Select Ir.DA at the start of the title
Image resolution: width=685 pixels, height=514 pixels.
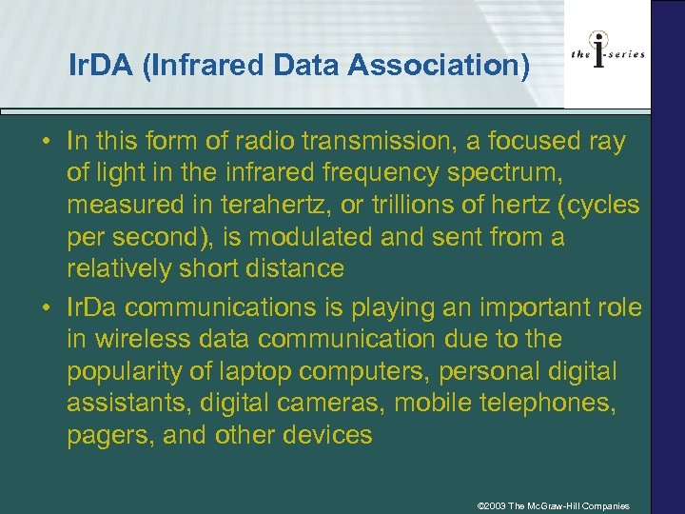[98, 66]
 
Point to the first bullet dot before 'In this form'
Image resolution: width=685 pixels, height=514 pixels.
[45, 143]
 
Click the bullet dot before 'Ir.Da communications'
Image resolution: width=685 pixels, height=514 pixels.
[45, 308]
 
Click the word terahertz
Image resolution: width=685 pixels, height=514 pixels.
[295, 206]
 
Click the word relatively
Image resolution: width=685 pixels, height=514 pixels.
[121, 268]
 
